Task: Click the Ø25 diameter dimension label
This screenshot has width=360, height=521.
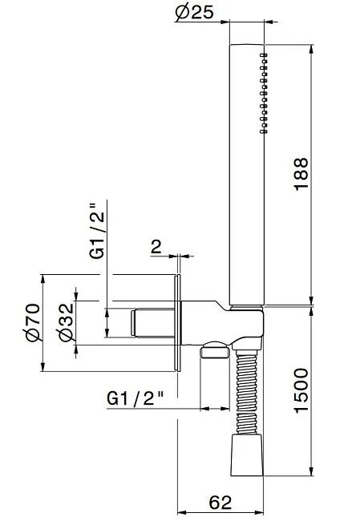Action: (195, 12)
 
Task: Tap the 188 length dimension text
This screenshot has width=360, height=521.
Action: (301, 174)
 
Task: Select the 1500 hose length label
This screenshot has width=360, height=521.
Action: (301, 390)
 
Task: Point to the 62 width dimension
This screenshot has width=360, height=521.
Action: (220, 503)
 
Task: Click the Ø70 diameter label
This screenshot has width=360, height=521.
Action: (34, 322)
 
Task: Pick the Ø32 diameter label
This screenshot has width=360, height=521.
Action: (66, 322)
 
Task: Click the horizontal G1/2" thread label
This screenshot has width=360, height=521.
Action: (136, 398)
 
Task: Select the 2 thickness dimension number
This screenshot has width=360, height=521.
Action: (156, 247)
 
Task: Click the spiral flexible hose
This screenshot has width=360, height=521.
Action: (247, 391)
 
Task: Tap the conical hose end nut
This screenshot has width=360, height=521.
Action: (247, 454)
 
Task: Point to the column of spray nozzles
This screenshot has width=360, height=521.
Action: (264, 93)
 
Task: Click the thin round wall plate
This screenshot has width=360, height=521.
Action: (177, 323)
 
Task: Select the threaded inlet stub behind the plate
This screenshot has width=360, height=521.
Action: (152, 323)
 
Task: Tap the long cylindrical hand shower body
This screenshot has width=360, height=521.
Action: (247, 175)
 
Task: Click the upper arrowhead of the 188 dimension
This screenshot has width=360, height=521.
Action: (311, 49)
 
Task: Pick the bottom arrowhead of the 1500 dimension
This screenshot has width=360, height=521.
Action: (311, 471)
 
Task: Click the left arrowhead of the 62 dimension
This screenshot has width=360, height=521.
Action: (182, 512)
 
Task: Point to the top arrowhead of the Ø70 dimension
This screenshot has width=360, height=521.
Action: (42, 279)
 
